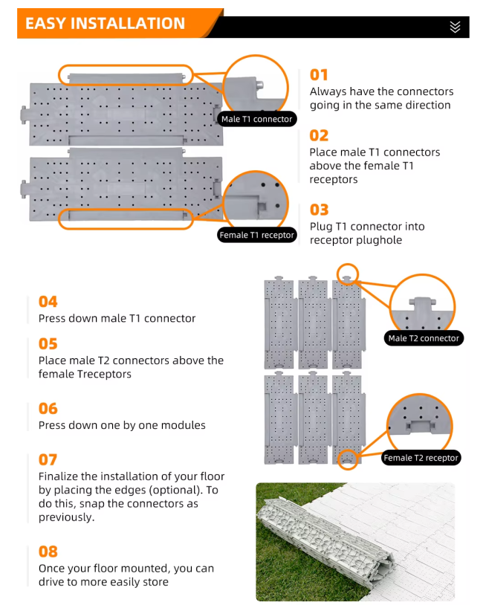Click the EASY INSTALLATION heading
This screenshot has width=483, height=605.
click(105, 23)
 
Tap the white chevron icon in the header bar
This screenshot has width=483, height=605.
click(455, 27)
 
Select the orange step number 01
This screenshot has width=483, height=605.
click(319, 74)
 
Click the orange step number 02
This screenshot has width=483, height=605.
click(319, 135)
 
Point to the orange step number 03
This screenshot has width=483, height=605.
click(319, 210)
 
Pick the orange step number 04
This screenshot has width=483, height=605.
click(48, 302)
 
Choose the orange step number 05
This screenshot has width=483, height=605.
click(48, 344)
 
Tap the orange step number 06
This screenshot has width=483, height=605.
click(48, 409)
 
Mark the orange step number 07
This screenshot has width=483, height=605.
click(48, 460)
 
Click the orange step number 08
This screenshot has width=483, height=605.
click(48, 551)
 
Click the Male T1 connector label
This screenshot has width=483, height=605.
click(256, 119)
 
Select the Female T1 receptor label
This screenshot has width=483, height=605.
click(256, 235)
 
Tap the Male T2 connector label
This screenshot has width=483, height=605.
click(424, 338)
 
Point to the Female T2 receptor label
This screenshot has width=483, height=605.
click(421, 458)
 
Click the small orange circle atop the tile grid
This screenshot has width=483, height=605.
click(348, 274)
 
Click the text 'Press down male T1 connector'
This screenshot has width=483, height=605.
click(117, 318)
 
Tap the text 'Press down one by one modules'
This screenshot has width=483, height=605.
click(122, 425)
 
